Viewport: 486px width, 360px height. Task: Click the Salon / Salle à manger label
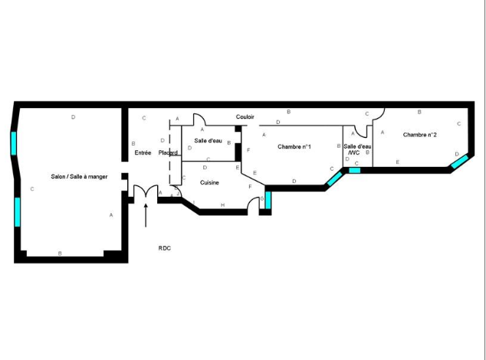(79, 177)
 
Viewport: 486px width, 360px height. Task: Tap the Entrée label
(143, 152)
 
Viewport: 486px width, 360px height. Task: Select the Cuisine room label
(209, 182)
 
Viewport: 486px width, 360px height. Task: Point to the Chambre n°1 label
(294, 146)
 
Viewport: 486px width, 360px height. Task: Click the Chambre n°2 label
(420, 135)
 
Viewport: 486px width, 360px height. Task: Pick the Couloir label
(245, 116)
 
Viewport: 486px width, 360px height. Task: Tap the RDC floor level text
(165, 248)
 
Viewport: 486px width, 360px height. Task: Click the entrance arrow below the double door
(146, 215)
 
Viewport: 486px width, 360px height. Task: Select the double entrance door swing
(146, 191)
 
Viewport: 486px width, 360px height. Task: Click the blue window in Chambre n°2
(459, 162)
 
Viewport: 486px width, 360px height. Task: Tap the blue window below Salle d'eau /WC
(355, 170)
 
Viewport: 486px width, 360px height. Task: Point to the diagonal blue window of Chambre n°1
(335, 178)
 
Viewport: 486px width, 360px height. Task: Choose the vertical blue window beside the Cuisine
(268, 200)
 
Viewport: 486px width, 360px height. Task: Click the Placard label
(168, 152)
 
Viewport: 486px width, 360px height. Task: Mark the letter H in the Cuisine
(222, 205)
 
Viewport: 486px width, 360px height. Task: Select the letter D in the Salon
(73, 117)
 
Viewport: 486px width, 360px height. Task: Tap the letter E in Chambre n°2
(398, 162)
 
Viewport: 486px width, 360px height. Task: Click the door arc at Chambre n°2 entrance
(380, 116)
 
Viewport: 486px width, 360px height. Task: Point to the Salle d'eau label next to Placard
(208, 141)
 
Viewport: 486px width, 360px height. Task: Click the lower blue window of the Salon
(18, 212)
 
